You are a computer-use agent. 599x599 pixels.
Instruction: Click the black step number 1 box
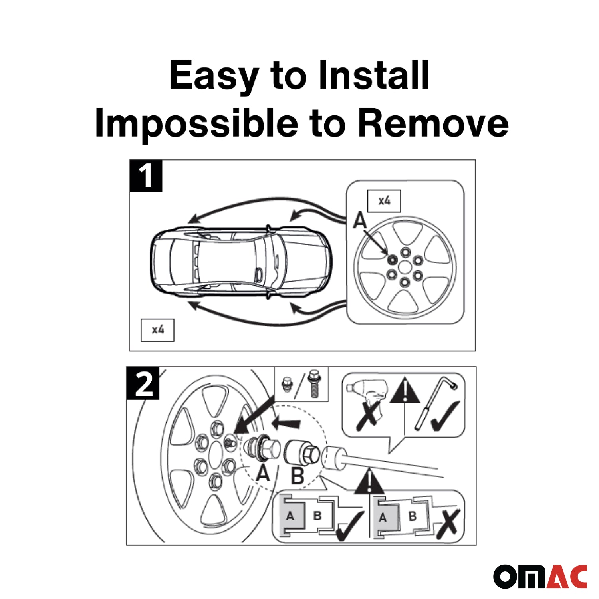pyautogui.click(x=146, y=176)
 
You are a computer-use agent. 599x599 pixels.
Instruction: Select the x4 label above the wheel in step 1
pyautogui.click(x=384, y=201)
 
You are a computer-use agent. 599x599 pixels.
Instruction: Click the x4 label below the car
pyautogui.click(x=157, y=330)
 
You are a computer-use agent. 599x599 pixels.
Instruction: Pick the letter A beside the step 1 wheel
pyautogui.click(x=360, y=220)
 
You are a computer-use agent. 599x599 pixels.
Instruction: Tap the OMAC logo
pyautogui.click(x=540, y=576)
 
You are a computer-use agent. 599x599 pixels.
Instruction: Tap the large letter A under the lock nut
pyautogui.click(x=263, y=474)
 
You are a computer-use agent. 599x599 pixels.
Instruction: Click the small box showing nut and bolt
pyautogui.click(x=301, y=384)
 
